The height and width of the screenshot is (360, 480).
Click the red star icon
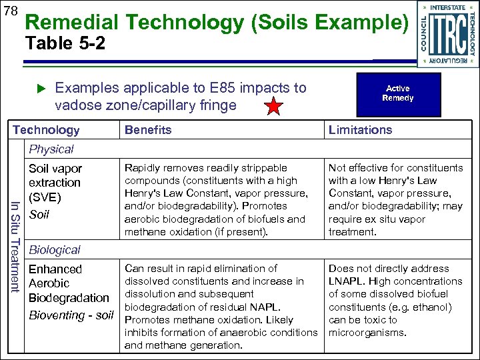coord(275,107)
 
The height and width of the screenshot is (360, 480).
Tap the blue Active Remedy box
coord(398,93)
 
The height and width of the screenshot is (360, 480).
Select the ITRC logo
coord(447,34)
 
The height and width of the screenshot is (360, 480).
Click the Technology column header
coord(47,130)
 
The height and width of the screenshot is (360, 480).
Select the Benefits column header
coord(148,130)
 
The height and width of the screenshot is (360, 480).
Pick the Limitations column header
coord(360,130)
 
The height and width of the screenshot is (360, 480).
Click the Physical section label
coord(51,149)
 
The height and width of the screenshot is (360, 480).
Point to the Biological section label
coord(54,250)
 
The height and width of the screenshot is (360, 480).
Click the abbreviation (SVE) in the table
coord(45,198)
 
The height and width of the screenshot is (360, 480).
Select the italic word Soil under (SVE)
coord(39,215)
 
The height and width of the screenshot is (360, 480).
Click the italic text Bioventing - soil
coord(71,315)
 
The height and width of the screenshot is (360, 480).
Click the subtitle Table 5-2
coord(65,45)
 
